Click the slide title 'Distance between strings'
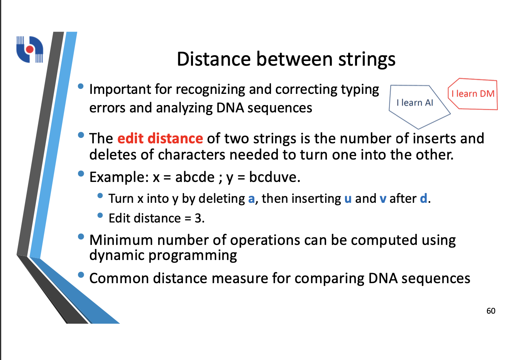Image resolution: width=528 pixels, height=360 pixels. [x=286, y=59]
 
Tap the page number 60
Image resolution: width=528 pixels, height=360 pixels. [x=491, y=311]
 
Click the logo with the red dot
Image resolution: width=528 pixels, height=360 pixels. [x=30, y=49]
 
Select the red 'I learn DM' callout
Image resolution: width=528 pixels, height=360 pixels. [x=473, y=94]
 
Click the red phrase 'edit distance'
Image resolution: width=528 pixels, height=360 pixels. [x=160, y=138]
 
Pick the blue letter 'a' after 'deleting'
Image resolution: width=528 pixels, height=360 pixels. [x=251, y=199]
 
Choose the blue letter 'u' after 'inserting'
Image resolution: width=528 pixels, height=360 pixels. [x=348, y=199]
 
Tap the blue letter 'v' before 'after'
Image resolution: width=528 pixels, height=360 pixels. [x=383, y=199]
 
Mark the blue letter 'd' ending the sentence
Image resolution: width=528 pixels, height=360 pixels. [x=423, y=198]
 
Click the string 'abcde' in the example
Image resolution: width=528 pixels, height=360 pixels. [x=195, y=177]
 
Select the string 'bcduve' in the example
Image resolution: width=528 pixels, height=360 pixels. [x=273, y=177]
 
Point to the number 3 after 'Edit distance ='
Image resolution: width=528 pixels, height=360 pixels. [x=198, y=218]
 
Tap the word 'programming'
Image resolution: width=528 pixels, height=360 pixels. [x=193, y=256]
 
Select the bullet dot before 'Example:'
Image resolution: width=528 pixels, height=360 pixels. [x=81, y=174]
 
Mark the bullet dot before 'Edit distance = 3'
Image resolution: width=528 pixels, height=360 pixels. [x=100, y=215]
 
